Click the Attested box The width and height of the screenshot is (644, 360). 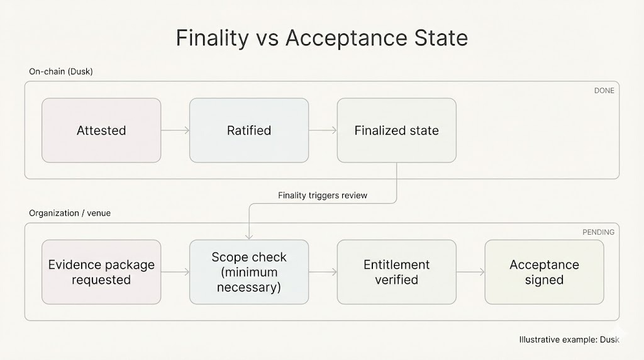101,130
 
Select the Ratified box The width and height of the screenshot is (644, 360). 249,130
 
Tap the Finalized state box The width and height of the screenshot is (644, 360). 396,130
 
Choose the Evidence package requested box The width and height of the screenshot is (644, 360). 101,272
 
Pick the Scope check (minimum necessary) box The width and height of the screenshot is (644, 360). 249,272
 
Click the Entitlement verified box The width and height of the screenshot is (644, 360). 396,272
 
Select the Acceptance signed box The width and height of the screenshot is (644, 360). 544,272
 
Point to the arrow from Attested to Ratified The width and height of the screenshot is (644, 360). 175,130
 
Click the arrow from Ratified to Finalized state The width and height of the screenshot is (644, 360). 323,130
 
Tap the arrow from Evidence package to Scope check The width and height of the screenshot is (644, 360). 175,272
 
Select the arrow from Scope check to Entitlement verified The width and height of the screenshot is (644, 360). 323,272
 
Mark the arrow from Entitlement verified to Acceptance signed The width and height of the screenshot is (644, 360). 470,272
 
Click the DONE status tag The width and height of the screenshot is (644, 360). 604,91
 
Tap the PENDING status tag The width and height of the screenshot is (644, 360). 598,232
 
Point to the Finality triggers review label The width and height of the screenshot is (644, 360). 323,195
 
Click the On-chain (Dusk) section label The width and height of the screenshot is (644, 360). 61,72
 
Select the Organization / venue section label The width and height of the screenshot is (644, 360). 70,213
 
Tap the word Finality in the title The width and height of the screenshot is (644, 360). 213,38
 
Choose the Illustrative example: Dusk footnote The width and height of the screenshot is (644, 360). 569,340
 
